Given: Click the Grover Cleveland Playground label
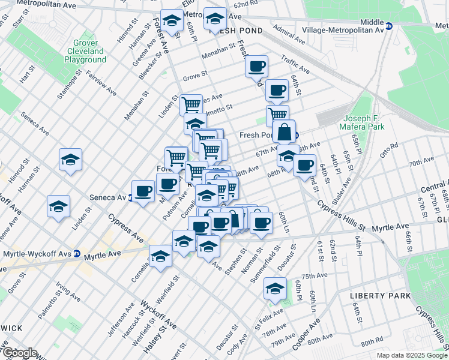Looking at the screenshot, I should point(85,52).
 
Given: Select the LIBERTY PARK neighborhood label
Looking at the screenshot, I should point(381,296).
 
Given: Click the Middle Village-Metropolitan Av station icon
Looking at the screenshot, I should point(389,26).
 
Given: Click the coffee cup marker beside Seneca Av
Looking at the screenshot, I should point(143,191).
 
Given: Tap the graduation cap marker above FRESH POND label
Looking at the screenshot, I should point(215,19).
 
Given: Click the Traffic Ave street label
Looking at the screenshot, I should point(295,65).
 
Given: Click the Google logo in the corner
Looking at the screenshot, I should point(20,353).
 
